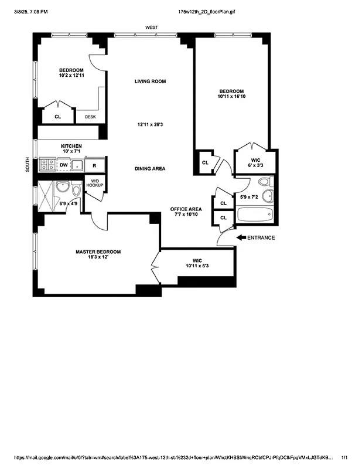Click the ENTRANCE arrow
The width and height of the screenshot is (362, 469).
tap(241, 237)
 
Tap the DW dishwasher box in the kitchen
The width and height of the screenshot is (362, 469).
tap(63, 165)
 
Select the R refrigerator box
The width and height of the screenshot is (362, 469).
tap(94, 165)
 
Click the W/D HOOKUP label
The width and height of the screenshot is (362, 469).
tap(95, 183)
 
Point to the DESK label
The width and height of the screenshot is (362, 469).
tap(90, 117)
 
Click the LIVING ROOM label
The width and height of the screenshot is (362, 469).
tap(150, 81)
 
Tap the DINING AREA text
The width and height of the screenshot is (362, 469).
tap(150, 169)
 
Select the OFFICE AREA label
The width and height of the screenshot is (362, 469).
tap(186, 209)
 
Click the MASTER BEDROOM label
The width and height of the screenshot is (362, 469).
tap(98, 252)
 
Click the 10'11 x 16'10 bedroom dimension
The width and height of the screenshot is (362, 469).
tap(231, 98)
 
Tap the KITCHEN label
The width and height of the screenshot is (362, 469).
tap(71, 146)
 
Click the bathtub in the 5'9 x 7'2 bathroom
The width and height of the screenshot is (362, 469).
tap(255, 214)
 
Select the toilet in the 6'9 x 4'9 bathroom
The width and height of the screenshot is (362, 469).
tap(76, 189)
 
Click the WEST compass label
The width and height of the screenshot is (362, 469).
tap(152, 27)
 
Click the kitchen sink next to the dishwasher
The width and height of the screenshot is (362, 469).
tap(77, 165)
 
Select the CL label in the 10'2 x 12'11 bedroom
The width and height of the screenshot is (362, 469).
tap(57, 117)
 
